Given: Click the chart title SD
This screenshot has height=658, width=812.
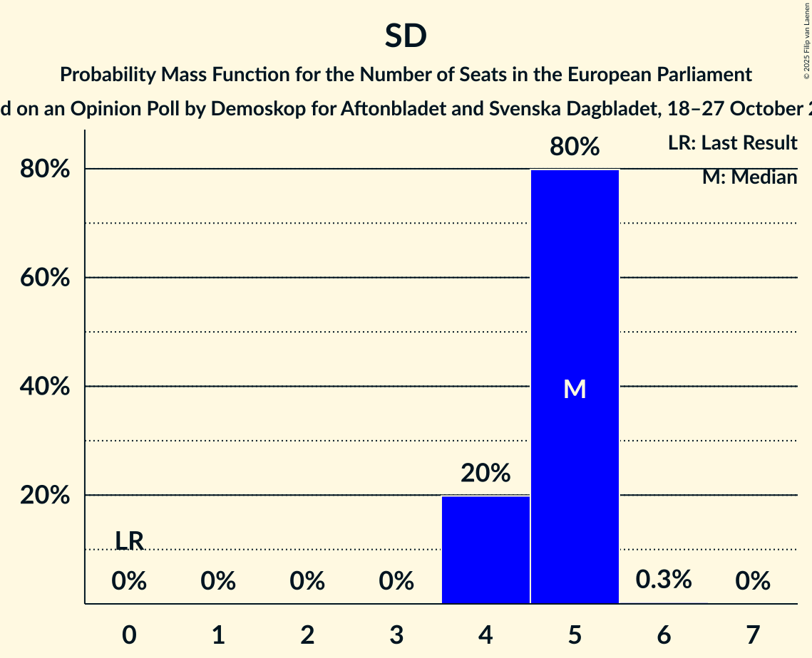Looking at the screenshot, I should click(406, 36).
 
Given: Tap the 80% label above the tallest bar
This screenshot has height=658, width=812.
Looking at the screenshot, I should click(575, 147).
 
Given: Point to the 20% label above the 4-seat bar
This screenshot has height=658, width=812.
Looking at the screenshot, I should click(485, 473).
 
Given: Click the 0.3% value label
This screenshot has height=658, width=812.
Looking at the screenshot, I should click(664, 580).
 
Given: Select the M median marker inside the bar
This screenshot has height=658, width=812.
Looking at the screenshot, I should click(575, 389).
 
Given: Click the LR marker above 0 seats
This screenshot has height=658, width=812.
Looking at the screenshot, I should click(129, 541).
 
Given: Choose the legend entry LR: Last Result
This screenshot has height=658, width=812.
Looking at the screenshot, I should click(732, 143).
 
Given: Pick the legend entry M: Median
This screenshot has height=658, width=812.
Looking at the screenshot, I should click(749, 177).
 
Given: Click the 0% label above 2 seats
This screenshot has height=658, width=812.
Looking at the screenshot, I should click(307, 582).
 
